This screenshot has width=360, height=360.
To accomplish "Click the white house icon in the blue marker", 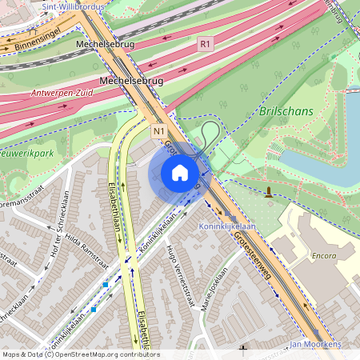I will click(x=180, y=173).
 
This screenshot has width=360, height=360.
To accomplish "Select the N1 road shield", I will click(x=158, y=130).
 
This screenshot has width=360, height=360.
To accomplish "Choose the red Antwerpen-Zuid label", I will click(x=61, y=92).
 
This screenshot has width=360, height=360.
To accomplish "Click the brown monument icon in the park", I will click(x=268, y=192).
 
